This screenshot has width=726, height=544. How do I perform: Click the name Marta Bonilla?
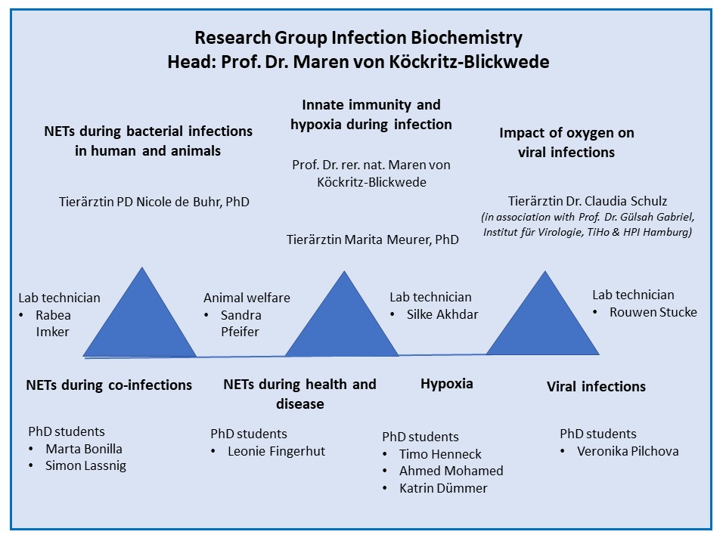[x=84, y=449]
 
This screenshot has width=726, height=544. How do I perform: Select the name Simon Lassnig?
[x=85, y=466]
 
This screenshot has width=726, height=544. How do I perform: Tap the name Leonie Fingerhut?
[x=277, y=451]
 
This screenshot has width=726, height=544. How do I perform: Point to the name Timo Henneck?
[x=440, y=454]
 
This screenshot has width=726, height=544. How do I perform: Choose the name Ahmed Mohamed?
[x=451, y=471]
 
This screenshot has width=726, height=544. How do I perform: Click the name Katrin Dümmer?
[x=444, y=488]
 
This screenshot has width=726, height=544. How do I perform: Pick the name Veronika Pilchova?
[x=628, y=451]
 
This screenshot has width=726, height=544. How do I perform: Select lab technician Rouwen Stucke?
[x=653, y=312]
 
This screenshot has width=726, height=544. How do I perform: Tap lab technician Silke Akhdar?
[x=442, y=314]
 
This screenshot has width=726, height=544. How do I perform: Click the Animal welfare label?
[x=247, y=298]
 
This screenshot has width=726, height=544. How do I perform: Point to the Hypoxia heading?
[x=447, y=384]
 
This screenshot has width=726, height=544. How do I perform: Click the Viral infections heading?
[x=596, y=386]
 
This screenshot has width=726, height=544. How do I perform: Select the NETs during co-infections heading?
[x=109, y=385]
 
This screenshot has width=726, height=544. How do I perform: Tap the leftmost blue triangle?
[x=141, y=324]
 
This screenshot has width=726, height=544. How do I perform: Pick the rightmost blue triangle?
[x=543, y=324]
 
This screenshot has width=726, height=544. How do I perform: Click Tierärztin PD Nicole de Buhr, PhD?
[x=154, y=202]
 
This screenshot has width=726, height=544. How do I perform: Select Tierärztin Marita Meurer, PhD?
[x=373, y=240]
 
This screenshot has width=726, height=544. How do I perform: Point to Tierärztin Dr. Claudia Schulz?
[x=588, y=201]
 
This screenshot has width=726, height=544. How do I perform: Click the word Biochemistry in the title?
[x=467, y=38]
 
